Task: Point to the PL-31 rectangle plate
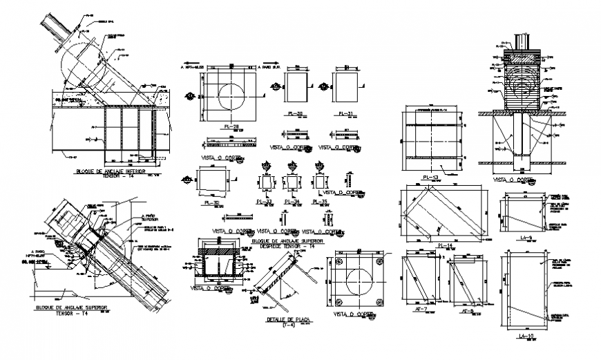pos(344,86)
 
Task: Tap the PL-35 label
pos(319,202)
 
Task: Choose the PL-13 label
pos(432,176)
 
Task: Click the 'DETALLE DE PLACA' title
pos(285,319)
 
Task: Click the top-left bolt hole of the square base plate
pos(339,261)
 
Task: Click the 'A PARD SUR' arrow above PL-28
pos(270,68)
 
